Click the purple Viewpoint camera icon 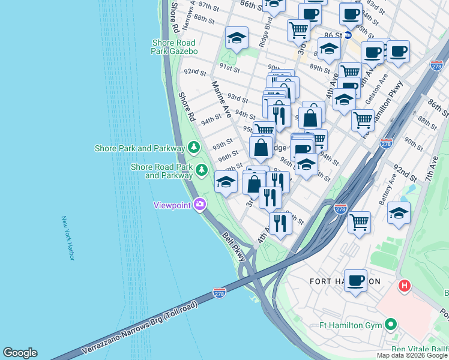199,205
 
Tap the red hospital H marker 404,286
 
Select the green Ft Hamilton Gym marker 391,325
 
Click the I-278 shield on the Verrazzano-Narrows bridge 219,293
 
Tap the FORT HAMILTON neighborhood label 345,281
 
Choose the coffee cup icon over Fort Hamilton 355,280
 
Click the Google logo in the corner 20,353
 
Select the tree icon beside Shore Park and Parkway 193,147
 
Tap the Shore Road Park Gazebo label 174,47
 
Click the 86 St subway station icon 348,35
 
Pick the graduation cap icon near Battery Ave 399,214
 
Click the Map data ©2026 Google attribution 412,355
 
